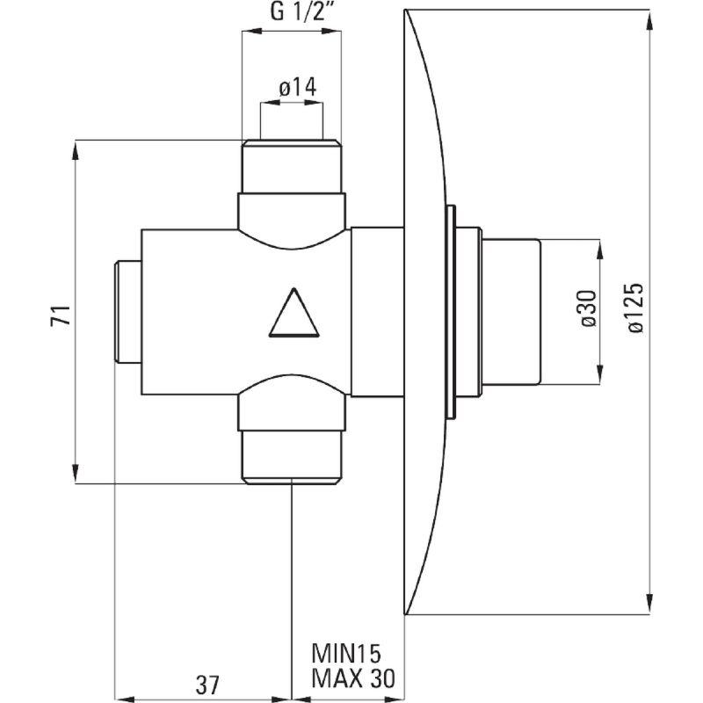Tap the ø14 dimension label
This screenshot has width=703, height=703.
coord(297,87)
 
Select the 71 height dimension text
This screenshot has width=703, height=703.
coord(61,315)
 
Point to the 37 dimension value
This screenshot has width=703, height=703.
coord(207,685)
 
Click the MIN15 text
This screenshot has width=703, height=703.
coord(346,654)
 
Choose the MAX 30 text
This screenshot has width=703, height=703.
coord(353,678)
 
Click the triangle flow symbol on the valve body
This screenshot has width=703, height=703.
coord(294,313)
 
